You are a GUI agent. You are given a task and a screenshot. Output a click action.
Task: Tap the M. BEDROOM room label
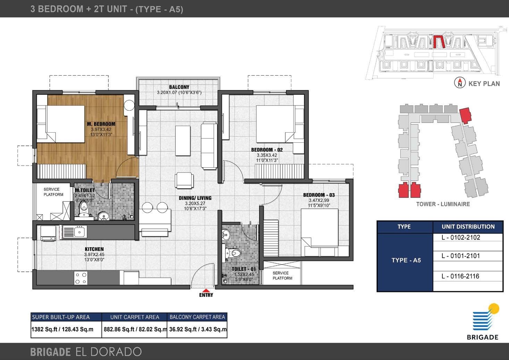tap(101, 124)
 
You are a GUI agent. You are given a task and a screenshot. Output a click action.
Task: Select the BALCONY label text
tap(179, 87)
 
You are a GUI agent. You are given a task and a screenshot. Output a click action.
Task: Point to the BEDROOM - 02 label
tap(267, 150)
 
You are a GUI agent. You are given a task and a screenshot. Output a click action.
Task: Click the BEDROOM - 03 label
tap(319, 195)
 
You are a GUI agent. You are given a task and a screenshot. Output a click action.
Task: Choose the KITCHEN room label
tap(94, 249)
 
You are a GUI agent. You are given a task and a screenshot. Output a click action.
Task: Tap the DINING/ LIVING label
tap(195, 198)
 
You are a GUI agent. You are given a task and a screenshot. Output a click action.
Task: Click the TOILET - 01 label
tap(244, 269)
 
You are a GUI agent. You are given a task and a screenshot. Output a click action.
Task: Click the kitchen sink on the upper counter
tap(74, 231)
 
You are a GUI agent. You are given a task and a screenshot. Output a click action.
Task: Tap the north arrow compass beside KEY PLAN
tap(460, 83)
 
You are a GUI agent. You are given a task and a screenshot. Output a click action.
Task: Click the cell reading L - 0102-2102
tap(460, 238)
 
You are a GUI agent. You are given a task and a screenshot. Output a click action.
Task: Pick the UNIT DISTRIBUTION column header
tap(468, 227)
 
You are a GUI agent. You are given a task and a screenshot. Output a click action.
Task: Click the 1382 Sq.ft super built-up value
tap(62, 329)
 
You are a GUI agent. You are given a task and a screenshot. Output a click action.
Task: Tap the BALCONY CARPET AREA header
tap(197, 317)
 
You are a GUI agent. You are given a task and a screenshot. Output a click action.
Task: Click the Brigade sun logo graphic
tap(485, 318)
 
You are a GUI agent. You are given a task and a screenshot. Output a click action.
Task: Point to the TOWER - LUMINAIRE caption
tap(443, 204)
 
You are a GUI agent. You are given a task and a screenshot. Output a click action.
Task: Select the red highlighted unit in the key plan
tap(439, 42)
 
